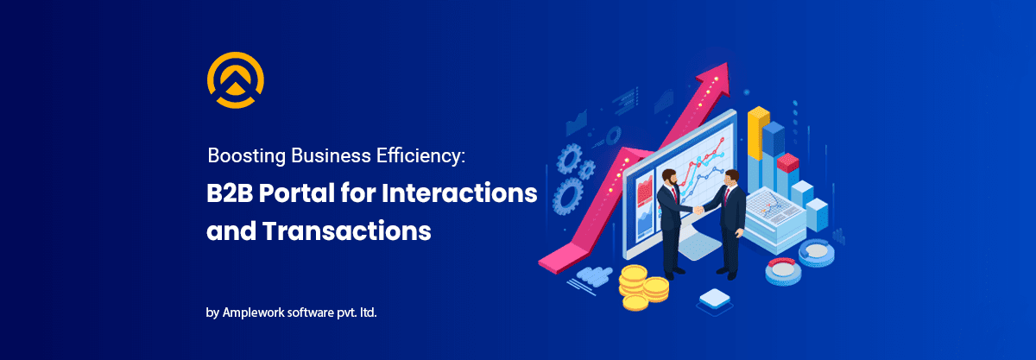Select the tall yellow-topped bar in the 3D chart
pos(758,134)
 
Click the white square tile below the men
pos(714,300)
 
